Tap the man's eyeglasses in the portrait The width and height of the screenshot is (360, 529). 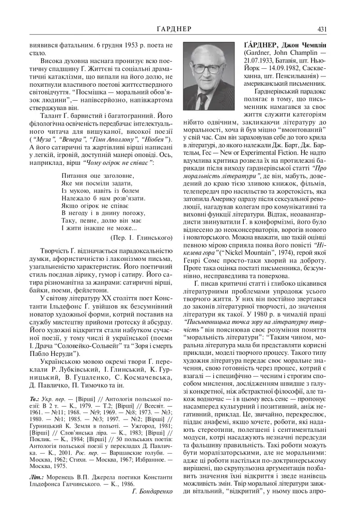[x=209, y=70]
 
